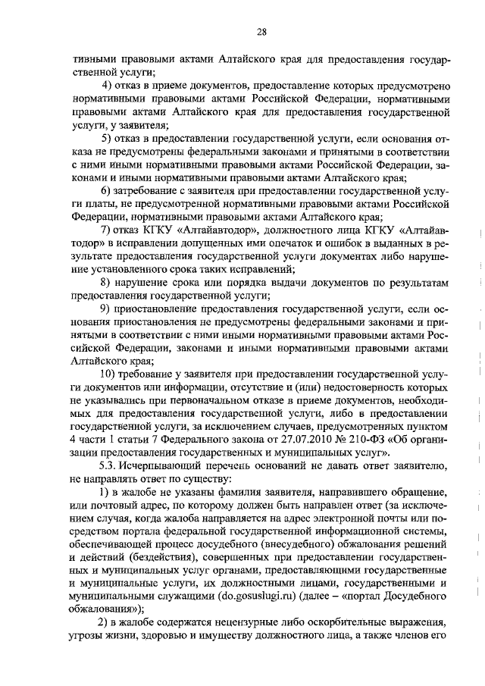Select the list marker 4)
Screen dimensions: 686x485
tap(107, 83)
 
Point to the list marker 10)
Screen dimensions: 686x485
tap(110, 372)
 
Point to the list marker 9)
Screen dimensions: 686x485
tap(107, 309)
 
